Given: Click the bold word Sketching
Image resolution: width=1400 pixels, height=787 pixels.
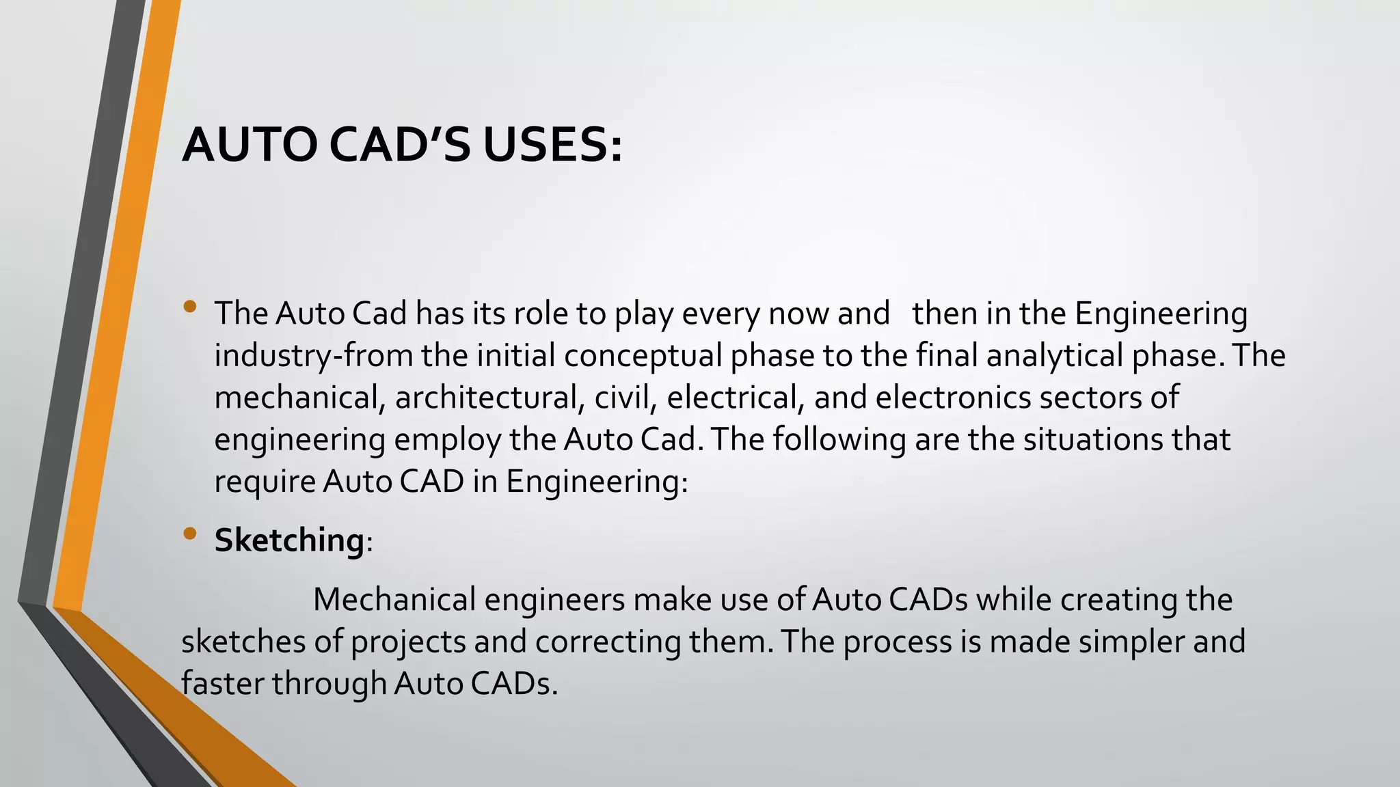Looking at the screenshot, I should [289, 540].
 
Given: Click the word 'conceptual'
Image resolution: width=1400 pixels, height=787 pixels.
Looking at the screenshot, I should [643, 356].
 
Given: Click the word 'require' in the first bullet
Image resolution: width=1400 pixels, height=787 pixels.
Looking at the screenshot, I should [265, 482].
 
